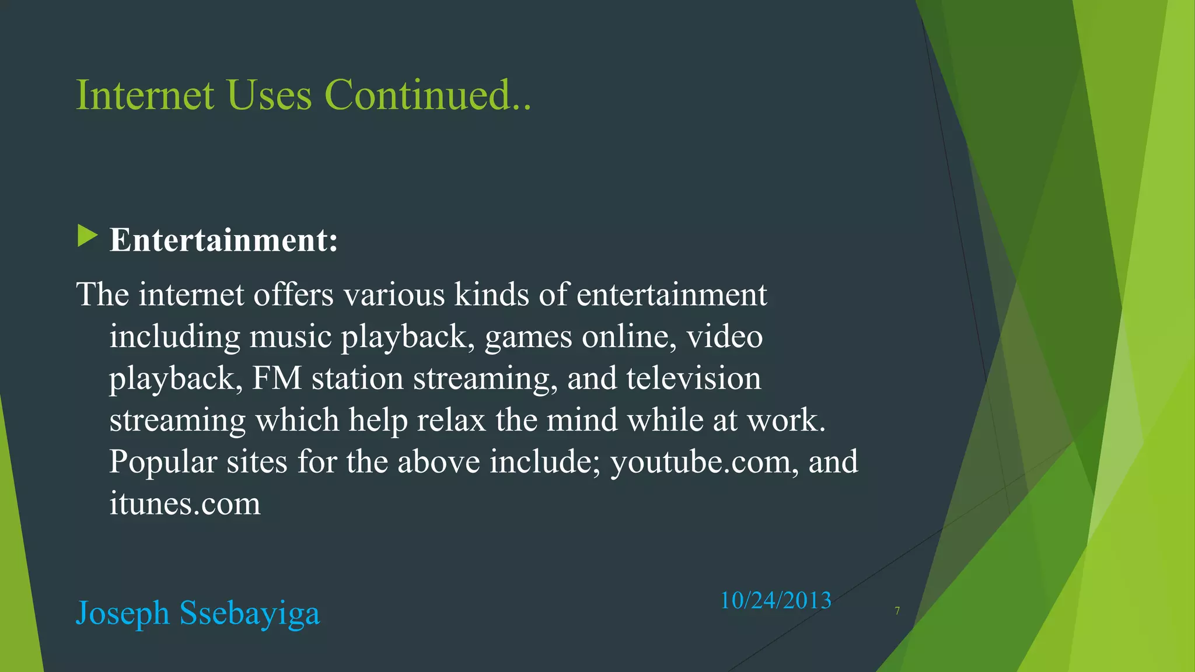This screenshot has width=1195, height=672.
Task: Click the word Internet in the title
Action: [145, 94]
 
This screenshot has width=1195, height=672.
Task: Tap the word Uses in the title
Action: [270, 94]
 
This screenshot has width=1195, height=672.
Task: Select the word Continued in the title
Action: [418, 94]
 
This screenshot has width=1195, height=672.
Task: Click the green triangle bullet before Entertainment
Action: [87, 237]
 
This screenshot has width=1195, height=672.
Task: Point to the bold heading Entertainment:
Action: [223, 240]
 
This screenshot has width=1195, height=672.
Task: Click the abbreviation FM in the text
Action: [277, 379]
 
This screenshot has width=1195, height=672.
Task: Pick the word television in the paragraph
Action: [693, 379]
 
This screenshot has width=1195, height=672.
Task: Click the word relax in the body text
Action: [451, 420]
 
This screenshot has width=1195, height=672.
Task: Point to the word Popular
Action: [163, 462]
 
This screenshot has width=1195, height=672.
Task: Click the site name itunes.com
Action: [185, 503]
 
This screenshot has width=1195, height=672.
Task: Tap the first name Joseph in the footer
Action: [123, 614]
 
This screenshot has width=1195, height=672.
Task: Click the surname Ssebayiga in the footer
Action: [250, 614]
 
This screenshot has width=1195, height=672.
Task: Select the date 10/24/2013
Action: [775, 600]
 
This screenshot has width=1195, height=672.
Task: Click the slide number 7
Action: [897, 611]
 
